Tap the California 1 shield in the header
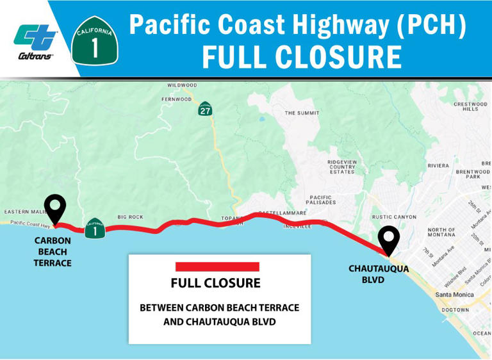point(95,41)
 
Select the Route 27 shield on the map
point(205,108)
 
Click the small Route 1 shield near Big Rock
point(95,229)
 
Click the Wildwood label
point(183,85)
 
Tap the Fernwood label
point(176,99)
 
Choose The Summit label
point(302,113)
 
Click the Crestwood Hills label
point(470,106)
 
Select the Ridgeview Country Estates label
point(342,167)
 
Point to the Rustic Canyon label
point(394,217)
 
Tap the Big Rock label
point(130,217)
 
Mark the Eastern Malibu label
point(23,212)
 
